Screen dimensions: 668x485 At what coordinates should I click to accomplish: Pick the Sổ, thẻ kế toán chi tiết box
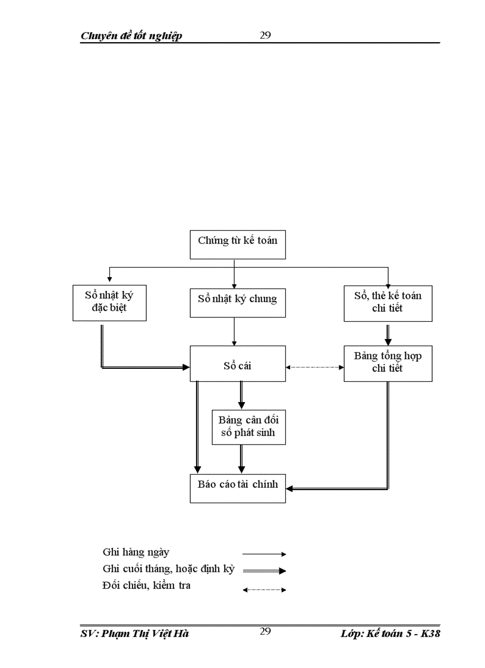coord(388,303)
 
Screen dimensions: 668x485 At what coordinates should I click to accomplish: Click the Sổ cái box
coord(238,363)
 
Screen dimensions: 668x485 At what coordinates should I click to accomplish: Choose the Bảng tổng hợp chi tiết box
coord(388,363)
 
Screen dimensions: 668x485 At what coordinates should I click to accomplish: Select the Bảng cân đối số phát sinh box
coord(248,426)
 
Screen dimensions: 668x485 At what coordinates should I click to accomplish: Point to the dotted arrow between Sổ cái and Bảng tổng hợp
coord(315,367)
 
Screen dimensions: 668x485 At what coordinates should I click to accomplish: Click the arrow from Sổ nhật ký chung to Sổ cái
coord(234,331)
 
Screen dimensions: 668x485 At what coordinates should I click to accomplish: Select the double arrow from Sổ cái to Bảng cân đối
coord(241,394)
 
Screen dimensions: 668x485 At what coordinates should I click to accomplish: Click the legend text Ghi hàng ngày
coord(136,553)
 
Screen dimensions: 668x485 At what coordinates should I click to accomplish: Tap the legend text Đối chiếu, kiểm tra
coord(146,587)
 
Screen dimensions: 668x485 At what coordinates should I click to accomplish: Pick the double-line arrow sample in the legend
coord(264,570)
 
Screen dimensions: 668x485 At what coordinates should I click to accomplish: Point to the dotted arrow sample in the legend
coord(264,590)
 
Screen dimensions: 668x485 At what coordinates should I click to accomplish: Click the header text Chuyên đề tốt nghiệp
coord(131,36)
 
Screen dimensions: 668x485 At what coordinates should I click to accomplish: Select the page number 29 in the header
coord(265,35)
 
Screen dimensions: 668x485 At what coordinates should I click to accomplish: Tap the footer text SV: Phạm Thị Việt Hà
coord(134,634)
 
